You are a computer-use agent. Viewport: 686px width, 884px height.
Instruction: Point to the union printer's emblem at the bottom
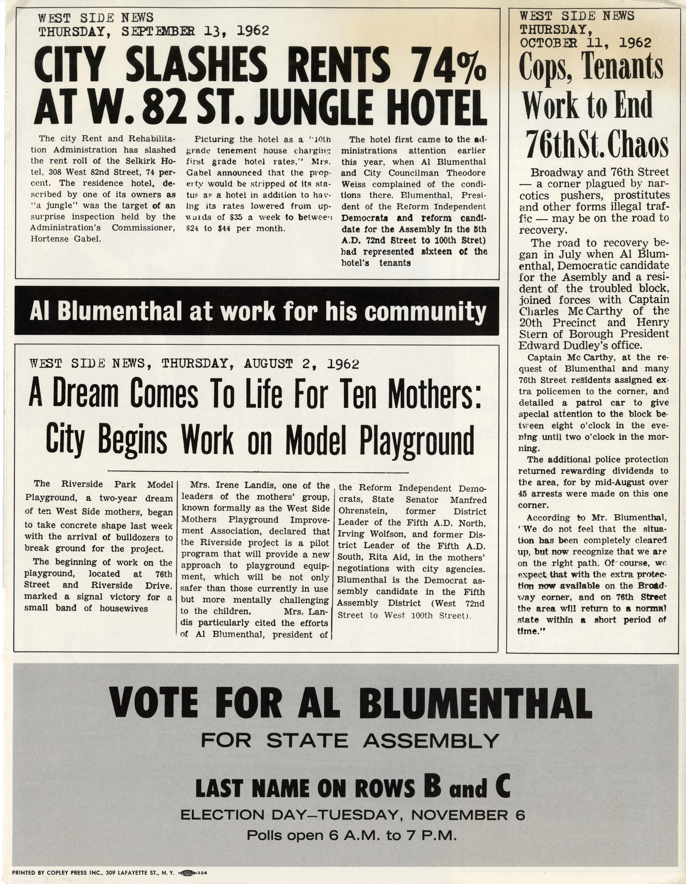pos(187,873)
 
